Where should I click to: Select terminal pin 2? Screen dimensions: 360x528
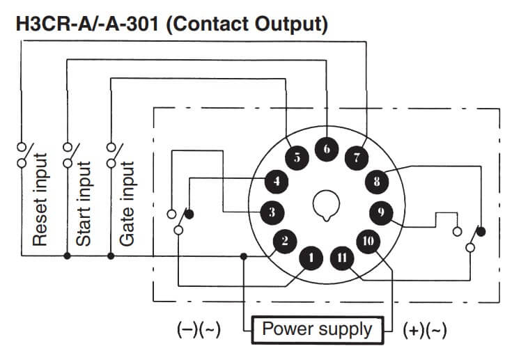(284, 242)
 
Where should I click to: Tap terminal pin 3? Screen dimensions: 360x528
(272, 212)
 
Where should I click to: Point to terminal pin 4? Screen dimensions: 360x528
(277, 182)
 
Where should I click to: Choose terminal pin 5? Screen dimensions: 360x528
(297, 157)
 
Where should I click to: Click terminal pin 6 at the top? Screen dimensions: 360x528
(326, 148)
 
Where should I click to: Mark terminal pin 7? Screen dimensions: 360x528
(356, 157)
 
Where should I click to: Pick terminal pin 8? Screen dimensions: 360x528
(377, 182)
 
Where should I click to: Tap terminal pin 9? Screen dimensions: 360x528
(381, 212)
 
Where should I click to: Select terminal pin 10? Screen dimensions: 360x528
(368, 242)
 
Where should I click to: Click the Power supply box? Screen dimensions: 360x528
(317, 329)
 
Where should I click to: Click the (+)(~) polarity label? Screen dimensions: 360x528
(425, 329)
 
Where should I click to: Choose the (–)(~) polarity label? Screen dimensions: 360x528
(199, 329)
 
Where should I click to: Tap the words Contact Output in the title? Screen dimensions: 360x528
(249, 24)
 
